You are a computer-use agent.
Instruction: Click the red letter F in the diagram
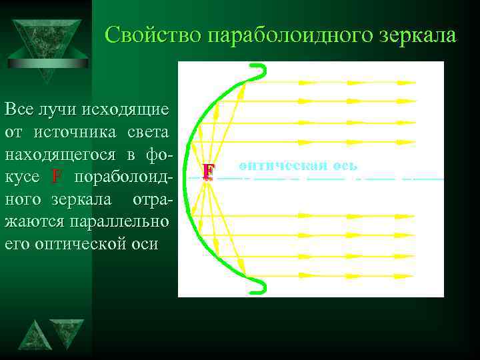click(209, 172)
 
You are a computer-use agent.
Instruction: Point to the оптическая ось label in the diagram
click(298, 165)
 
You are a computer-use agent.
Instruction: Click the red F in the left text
click(56, 177)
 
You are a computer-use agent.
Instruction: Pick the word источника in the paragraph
click(80, 131)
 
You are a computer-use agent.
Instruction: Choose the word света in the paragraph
click(147, 131)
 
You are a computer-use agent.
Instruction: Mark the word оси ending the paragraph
click(145, 244)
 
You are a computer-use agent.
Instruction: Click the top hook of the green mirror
click(257, 71)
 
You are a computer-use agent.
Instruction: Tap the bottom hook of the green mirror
click(257, 285)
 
